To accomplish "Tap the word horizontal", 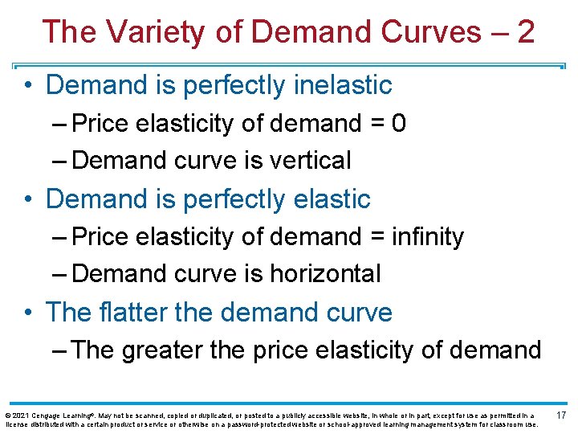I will (x=325, y=274).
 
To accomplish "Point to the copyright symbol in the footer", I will (x=8, y=416).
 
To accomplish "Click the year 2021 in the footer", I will (x=24, y=416).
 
